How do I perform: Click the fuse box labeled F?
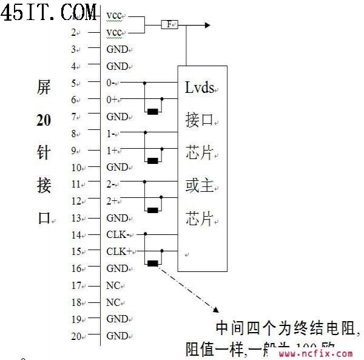point(169,25)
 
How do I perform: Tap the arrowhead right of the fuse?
point(207,25)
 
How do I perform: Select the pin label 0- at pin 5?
point(112,83)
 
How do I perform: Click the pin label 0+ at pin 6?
point(113,99)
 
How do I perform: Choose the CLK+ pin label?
point(120,251)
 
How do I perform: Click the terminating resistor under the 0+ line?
point(153,111)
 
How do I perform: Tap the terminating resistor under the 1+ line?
point(153,161)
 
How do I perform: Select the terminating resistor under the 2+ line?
point(153,210)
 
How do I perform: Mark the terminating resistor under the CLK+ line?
point(153,263)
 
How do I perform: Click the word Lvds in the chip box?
point(200,89)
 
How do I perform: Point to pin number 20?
point(76,336)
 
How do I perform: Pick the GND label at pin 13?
point(117,217)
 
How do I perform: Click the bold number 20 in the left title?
point(44,120)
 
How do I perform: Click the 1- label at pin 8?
point(112,133)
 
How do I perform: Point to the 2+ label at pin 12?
point(113,200)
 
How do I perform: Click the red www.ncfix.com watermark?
point(315,353)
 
